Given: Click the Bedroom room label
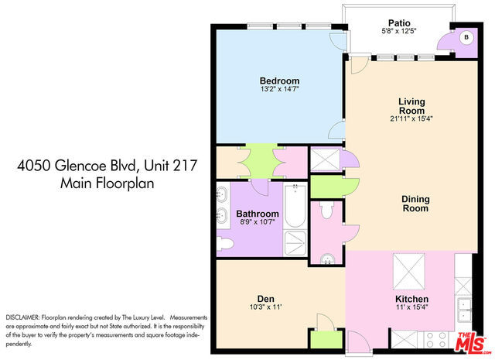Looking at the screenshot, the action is [x=279, y=81].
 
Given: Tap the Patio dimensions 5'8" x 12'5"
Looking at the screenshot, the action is [x=399, y=31].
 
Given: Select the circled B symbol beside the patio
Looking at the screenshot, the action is [x=466, y=37].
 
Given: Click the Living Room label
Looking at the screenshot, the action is [x=411, y=106].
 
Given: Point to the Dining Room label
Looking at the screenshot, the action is [x=415, y=204].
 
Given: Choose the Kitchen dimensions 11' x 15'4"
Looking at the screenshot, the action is [x=412, y=307].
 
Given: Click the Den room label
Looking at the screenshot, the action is [x=266, y=299].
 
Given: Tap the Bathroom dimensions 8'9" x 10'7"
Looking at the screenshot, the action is [x=258, y=222].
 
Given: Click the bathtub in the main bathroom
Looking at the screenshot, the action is [x=295, y=206].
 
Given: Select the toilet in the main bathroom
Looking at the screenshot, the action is [x=226, y=245].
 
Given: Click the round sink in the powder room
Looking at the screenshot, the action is [x=327, y=259].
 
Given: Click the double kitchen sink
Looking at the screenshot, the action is [x=464, y=310].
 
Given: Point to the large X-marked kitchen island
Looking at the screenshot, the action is [x=409, y=272].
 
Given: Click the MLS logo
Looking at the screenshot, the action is [x=472, y=341].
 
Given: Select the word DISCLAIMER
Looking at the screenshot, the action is [x=22, y=317].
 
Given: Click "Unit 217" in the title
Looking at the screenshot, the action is [x=170, y=166].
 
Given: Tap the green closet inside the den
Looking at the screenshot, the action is [x=326, y=339].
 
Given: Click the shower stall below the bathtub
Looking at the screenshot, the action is [x=295, y=243].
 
